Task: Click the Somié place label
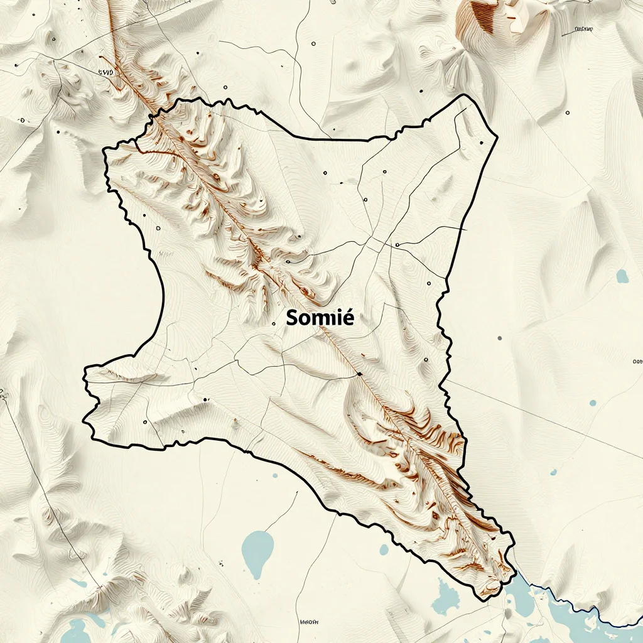coord(320,318)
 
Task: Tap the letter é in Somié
coord(348,318)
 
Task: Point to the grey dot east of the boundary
coord(500,338)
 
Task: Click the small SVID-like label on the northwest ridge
coord(106,72)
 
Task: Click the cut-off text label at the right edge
coord(637,362)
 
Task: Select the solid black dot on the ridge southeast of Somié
coord(359,374)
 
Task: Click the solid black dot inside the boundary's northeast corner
coord(481,143)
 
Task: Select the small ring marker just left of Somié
coord(273,324)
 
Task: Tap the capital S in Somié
coord(292,318)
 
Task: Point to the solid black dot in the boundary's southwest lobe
coord(205,399)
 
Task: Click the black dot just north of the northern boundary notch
coord(325,173)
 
